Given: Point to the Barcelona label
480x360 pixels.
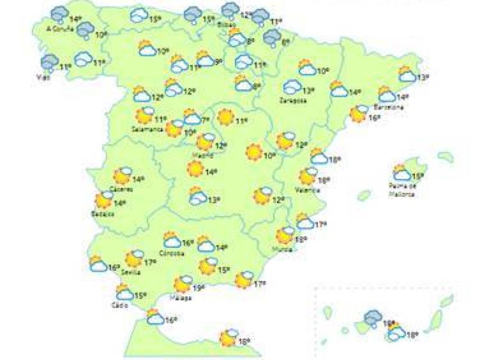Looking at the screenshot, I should pyautogui.click(x=391, y=106).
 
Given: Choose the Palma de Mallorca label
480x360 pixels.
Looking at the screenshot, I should pyautogui.click(x=401, y=189).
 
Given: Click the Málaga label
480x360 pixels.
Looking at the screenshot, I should pyautogui.click(x=182, y=298).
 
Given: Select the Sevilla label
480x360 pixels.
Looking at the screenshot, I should pyautogui.click(x=130, y=272).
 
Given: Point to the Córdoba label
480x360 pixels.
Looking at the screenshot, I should pyautogui.click(x=172, y=253).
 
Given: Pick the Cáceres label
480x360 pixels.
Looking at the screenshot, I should pyautogui.click(x=121, y=188).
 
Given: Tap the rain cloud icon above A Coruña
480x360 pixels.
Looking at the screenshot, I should pyautogui.click(x=60, y=15).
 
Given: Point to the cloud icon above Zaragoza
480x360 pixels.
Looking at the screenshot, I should pyautogui.click(x=292, y=87).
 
